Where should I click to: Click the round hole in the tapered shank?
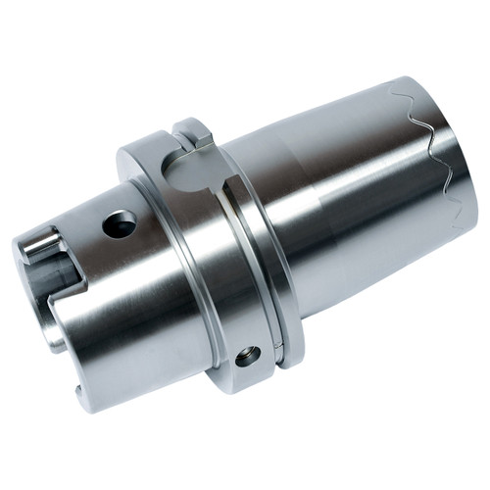121,225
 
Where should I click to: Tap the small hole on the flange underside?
248,356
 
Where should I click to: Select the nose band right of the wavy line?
456,167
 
